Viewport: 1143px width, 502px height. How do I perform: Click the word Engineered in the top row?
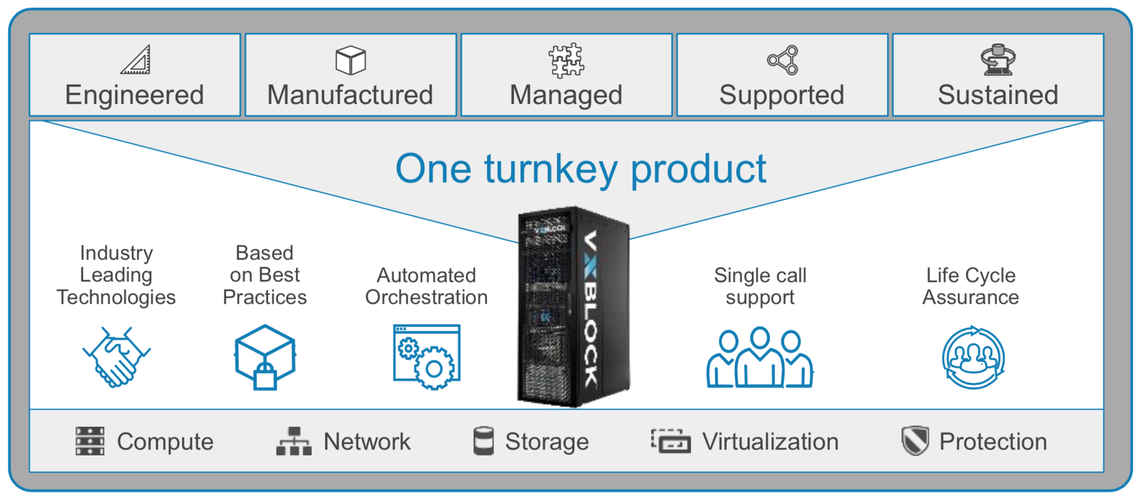pyautogui.click(x=134, y=95)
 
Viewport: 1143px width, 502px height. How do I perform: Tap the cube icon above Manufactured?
pyautogui.click(x=351, y=60)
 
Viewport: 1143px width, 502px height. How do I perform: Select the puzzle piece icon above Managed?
pyautogui.click(x=566, y=60)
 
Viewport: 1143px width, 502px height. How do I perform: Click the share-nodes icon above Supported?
pyautogui.click(x=783, y=60)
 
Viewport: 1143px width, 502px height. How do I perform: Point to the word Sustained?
pyautogui.click(x=998, y=95)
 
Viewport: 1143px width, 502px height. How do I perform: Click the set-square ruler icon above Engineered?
pyautogui.click(x=136, y=60)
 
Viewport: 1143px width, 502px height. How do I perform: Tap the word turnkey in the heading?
pyautogui.click(x=551, y=169)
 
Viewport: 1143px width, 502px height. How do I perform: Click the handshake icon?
pyautogui.click(x=117, y=357)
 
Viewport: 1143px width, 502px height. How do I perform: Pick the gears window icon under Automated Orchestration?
pyautogui.click(x=427, y=357)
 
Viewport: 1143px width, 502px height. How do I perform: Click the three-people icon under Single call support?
pyautogui.click(x=760, y=359)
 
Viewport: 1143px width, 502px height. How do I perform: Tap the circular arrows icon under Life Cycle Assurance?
pyautogui.click(x=973, y=357)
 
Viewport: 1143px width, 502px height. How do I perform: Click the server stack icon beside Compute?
pyautogui.click(x=90, y=441)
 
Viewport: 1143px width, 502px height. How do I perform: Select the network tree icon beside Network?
pyautogui.click(x=294, y=441)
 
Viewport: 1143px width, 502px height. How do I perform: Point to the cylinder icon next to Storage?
pyautogui.click(x=483, y=441)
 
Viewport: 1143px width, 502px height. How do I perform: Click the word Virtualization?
pyautogui.click(x=770, y=442)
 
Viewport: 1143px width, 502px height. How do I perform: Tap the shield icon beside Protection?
pyautogui.click(x=915, y=441)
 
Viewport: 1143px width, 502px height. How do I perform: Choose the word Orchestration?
pyautogui.click(x=426, y=298)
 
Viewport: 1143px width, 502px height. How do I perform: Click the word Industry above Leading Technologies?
pyautogui.click(x=117, y=253)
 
